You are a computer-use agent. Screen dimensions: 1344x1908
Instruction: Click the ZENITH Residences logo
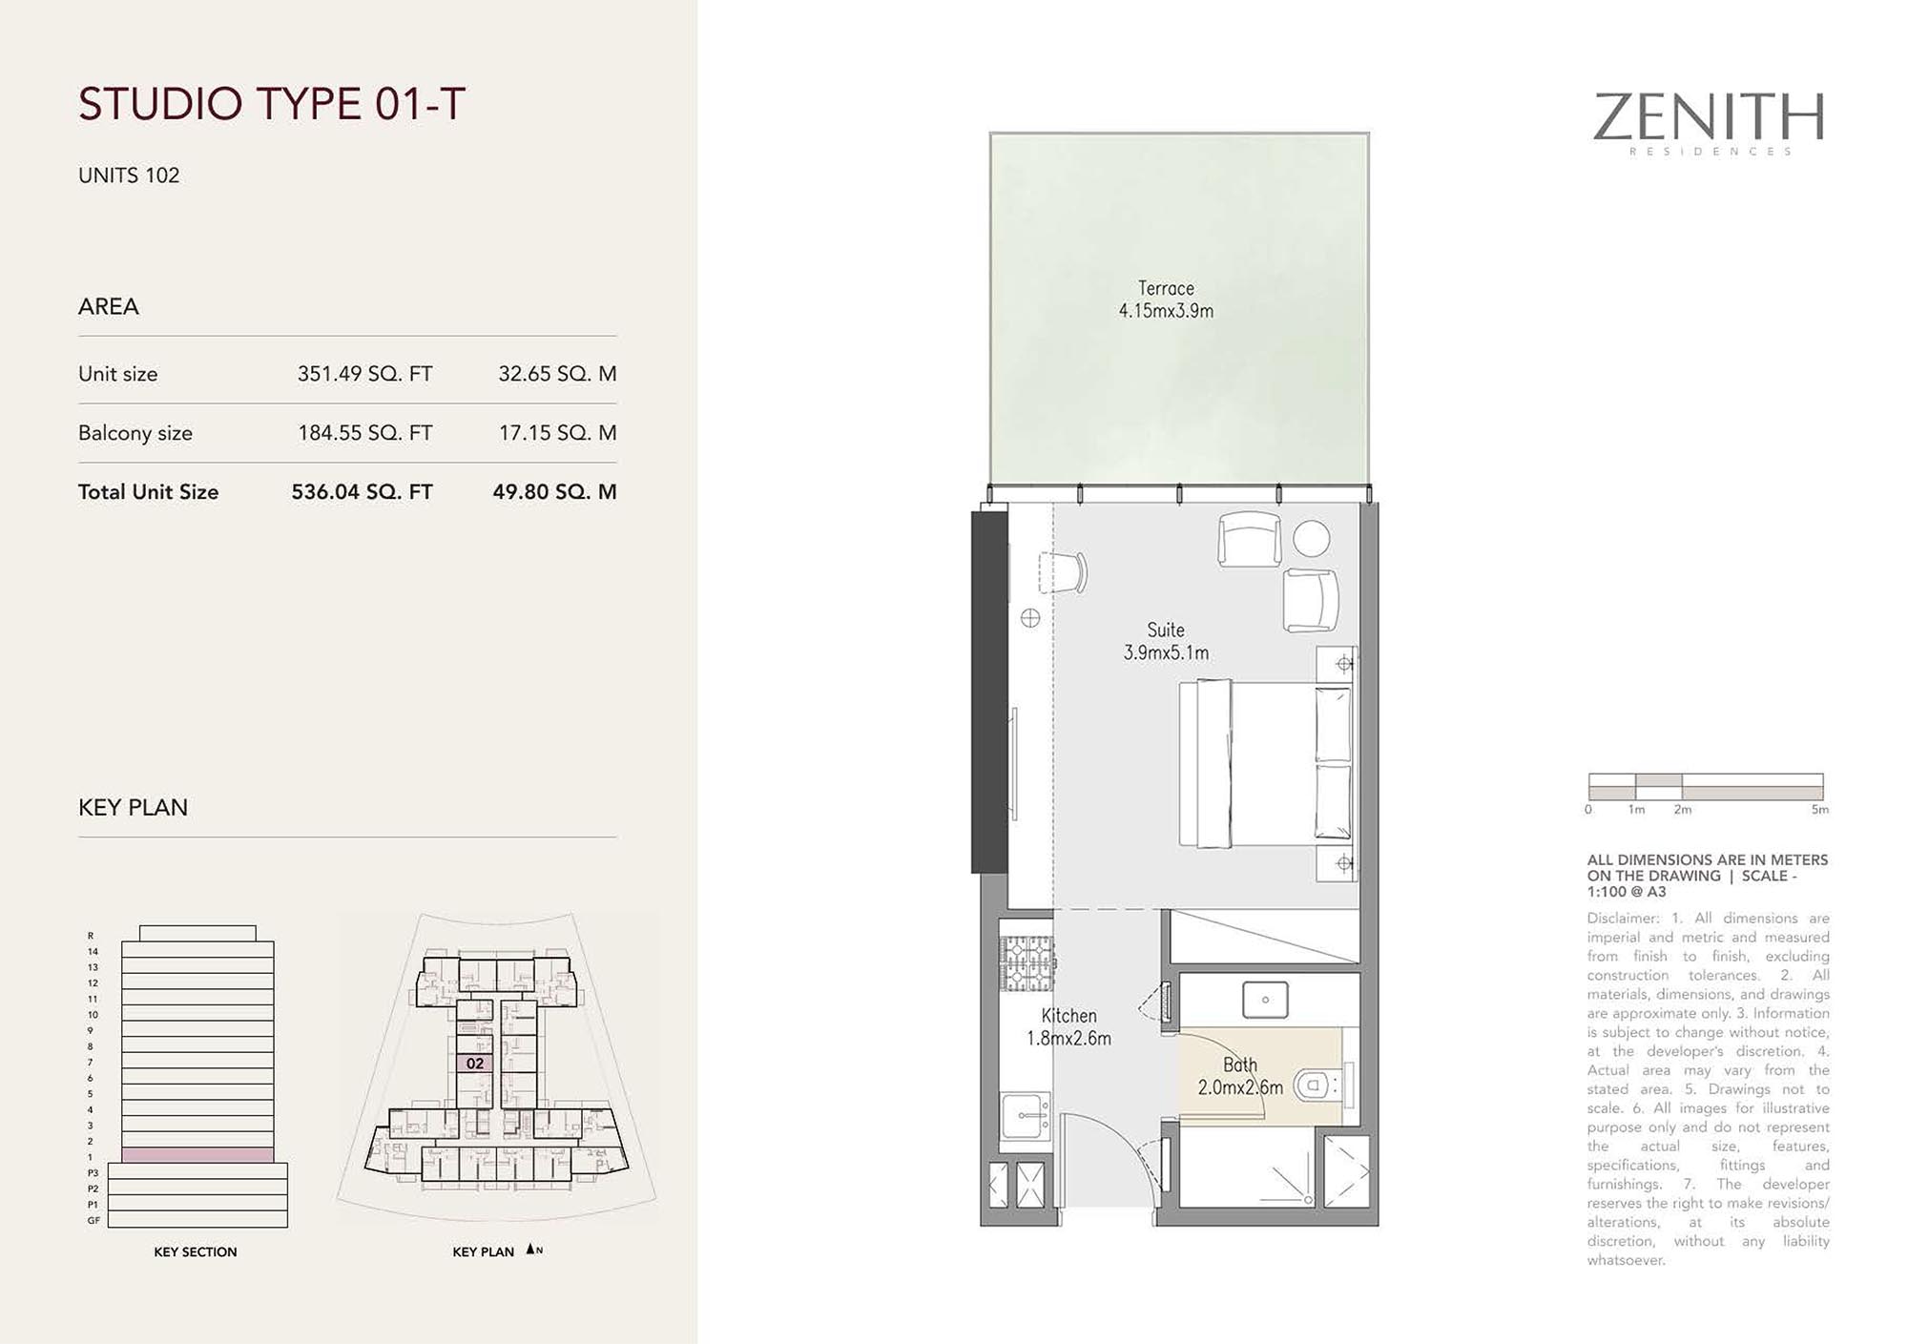click(x=1709, y=123)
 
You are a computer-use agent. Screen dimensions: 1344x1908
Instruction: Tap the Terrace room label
click(x=1166, y=299)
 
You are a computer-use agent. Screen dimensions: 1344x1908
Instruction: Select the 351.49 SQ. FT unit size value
click(x=364, y=374)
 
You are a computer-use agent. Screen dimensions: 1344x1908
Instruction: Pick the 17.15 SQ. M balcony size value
click(x=557, y=433)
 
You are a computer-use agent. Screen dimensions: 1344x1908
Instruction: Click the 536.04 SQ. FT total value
click(x=362, y=492)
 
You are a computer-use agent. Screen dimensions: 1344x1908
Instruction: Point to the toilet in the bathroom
click(x=1315, y=1085)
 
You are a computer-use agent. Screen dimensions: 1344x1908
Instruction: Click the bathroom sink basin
click(x=1265, y=1000)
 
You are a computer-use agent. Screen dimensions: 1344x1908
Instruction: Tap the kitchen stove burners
click(x=1027, y=963)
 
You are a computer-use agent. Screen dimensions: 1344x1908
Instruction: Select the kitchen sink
click(x=1026, y=1114)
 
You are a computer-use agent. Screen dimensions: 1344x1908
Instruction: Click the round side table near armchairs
click(x=1312, y=539)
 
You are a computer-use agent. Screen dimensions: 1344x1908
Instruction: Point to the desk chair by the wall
click(x=1067, y=572)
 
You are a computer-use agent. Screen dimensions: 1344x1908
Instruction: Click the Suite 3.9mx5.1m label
click(x=1166, y=641)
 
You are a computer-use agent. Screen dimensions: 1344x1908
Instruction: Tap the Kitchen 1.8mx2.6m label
click(x=1068, y=1027)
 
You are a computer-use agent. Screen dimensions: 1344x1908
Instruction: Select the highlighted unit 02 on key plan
click(x=475, y=1064)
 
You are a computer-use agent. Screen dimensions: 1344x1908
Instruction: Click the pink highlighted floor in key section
click(x=197, y=1155)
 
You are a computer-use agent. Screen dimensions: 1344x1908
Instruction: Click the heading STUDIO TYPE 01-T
click(x=272, y=104)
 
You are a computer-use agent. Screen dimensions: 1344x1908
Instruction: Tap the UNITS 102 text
click(x=129, y=176)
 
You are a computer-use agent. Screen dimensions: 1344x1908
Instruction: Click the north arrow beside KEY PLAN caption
click(x=530, y=1250)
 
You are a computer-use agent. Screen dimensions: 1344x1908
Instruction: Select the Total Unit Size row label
click(x=148, y=492)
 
